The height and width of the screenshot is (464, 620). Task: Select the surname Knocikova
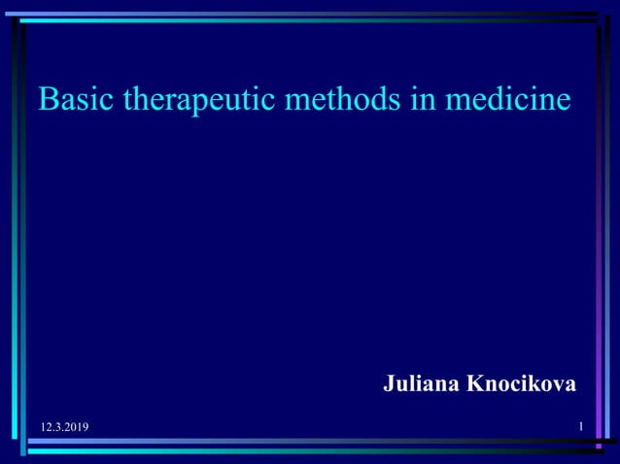522,384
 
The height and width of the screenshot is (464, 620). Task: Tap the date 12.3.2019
64,428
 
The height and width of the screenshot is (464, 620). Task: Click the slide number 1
580,427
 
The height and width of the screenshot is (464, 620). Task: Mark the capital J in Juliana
390,384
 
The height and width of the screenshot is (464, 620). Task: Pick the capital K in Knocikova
475,384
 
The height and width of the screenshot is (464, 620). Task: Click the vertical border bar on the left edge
17,233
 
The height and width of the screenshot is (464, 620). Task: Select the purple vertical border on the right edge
600,233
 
